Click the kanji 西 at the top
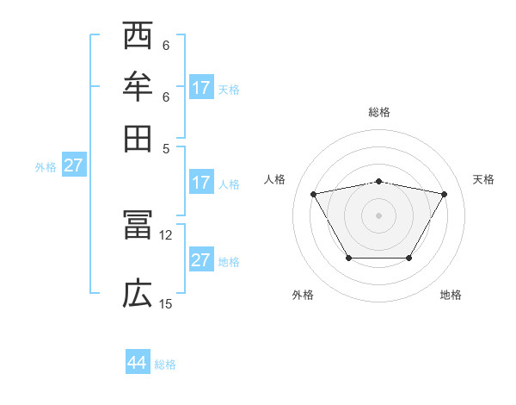click(138, 39)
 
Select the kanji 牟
click(138, 88)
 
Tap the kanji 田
click(138, 138)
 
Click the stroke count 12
click(166, 234)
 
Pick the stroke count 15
click(166, 303)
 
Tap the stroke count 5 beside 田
click(166, 147)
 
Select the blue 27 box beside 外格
click(73, 165)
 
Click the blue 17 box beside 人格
click(201, 183)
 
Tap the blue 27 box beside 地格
click(201, 260)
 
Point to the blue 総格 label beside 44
click(165, 364)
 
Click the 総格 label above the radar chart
click(379, 112)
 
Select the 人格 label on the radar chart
click(275, 179)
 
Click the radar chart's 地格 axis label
click(451, 295)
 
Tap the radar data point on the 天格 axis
click(445, 194)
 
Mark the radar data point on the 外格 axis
click(348, 258)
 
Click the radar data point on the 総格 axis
click(379, 181)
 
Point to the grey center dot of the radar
click(379, 215)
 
